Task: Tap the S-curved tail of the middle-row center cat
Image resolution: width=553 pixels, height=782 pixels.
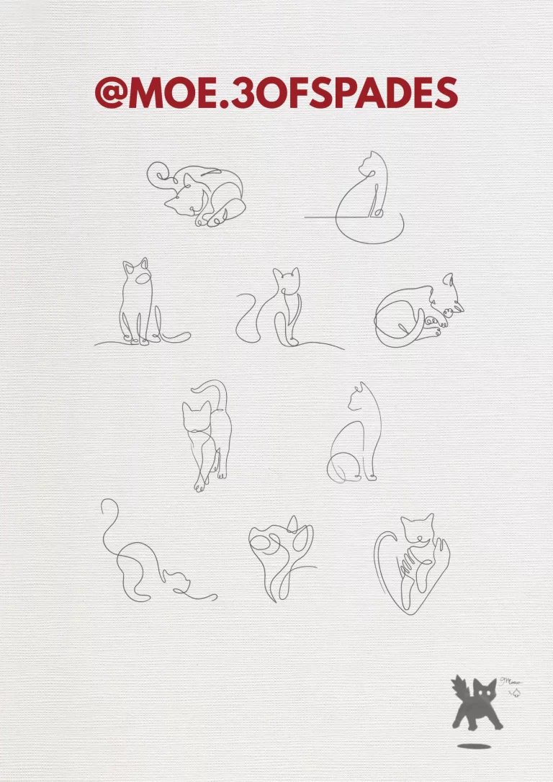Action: click(245, 317)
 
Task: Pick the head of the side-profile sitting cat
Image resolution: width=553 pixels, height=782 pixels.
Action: click(358, 398)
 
